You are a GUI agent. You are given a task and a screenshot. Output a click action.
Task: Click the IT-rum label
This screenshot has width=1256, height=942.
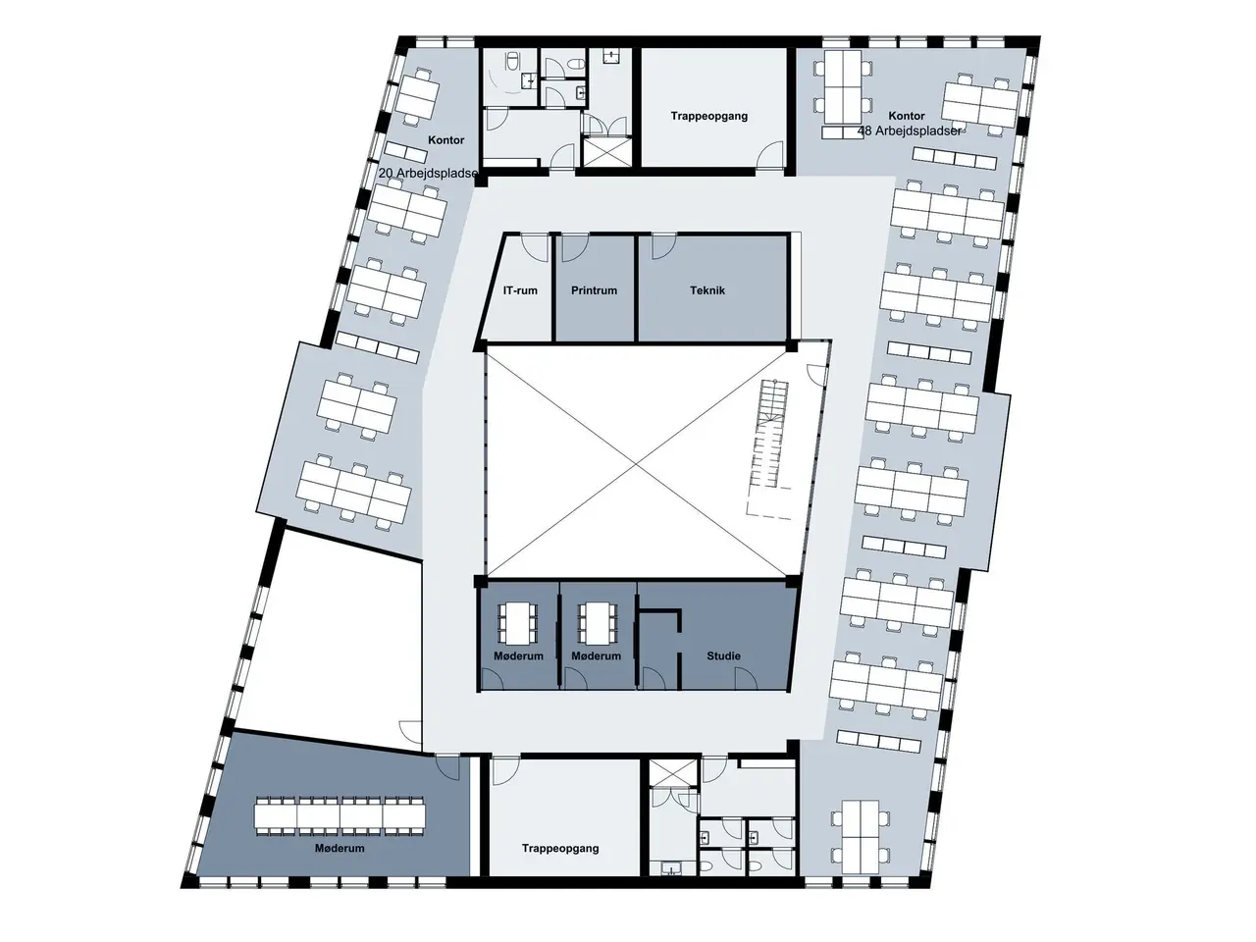point(519,290)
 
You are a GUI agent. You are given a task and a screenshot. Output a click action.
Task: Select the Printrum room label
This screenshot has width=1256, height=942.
point(594,290)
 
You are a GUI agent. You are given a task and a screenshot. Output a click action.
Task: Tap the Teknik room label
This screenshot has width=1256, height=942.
point(707,290)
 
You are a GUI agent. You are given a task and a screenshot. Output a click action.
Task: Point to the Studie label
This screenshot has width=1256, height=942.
point(723,656)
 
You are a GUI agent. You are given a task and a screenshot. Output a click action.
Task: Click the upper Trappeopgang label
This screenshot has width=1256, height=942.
point(709,116)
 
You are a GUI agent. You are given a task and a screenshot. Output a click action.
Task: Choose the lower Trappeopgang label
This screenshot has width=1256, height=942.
point(560,848)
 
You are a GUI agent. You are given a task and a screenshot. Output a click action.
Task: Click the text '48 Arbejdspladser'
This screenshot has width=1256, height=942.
point(910,131)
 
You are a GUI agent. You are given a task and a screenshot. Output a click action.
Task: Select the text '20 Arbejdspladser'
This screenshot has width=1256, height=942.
point(428,173)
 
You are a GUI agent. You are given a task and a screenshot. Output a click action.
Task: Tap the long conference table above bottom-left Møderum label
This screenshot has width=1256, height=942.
point(340,814)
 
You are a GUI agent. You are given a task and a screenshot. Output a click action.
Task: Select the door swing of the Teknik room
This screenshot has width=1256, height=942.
point(663,246)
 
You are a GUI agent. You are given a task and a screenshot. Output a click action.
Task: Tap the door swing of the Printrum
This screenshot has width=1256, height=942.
point(574,247)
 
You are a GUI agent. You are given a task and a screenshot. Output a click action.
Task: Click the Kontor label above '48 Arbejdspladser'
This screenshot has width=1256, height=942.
point(907,116)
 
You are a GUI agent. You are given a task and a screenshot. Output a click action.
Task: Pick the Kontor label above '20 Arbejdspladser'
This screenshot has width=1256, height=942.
point(446,140)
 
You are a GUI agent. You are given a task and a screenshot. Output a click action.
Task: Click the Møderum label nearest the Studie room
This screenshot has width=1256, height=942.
point(596,656)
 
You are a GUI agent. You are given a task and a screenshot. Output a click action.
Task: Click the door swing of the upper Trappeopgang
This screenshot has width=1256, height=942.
point(770,156)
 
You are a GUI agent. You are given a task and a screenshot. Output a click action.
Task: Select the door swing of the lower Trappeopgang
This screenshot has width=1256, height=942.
point(505,770)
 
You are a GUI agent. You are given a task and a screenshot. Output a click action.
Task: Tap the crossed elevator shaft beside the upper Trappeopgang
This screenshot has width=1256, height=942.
point(607,151)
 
